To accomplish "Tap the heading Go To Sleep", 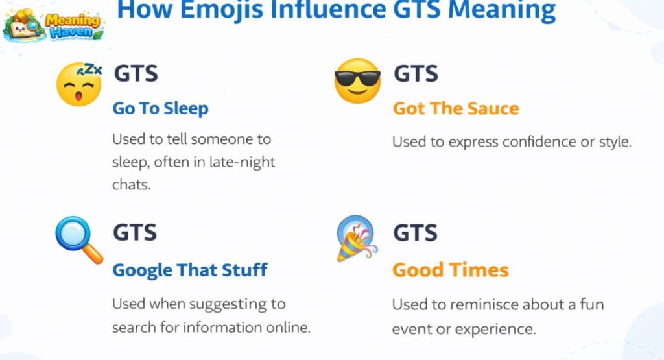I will (160, 108).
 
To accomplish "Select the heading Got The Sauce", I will (456, 108).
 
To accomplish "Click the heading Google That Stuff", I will (190, 270).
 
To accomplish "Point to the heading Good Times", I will (451, 270).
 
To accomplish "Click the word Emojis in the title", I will (216, 10).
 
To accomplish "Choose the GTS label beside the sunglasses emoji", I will (416, 74).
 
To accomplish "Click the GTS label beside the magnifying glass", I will (136, 232).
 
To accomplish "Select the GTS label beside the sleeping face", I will (136, 74).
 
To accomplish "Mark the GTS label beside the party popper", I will (416, 232).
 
